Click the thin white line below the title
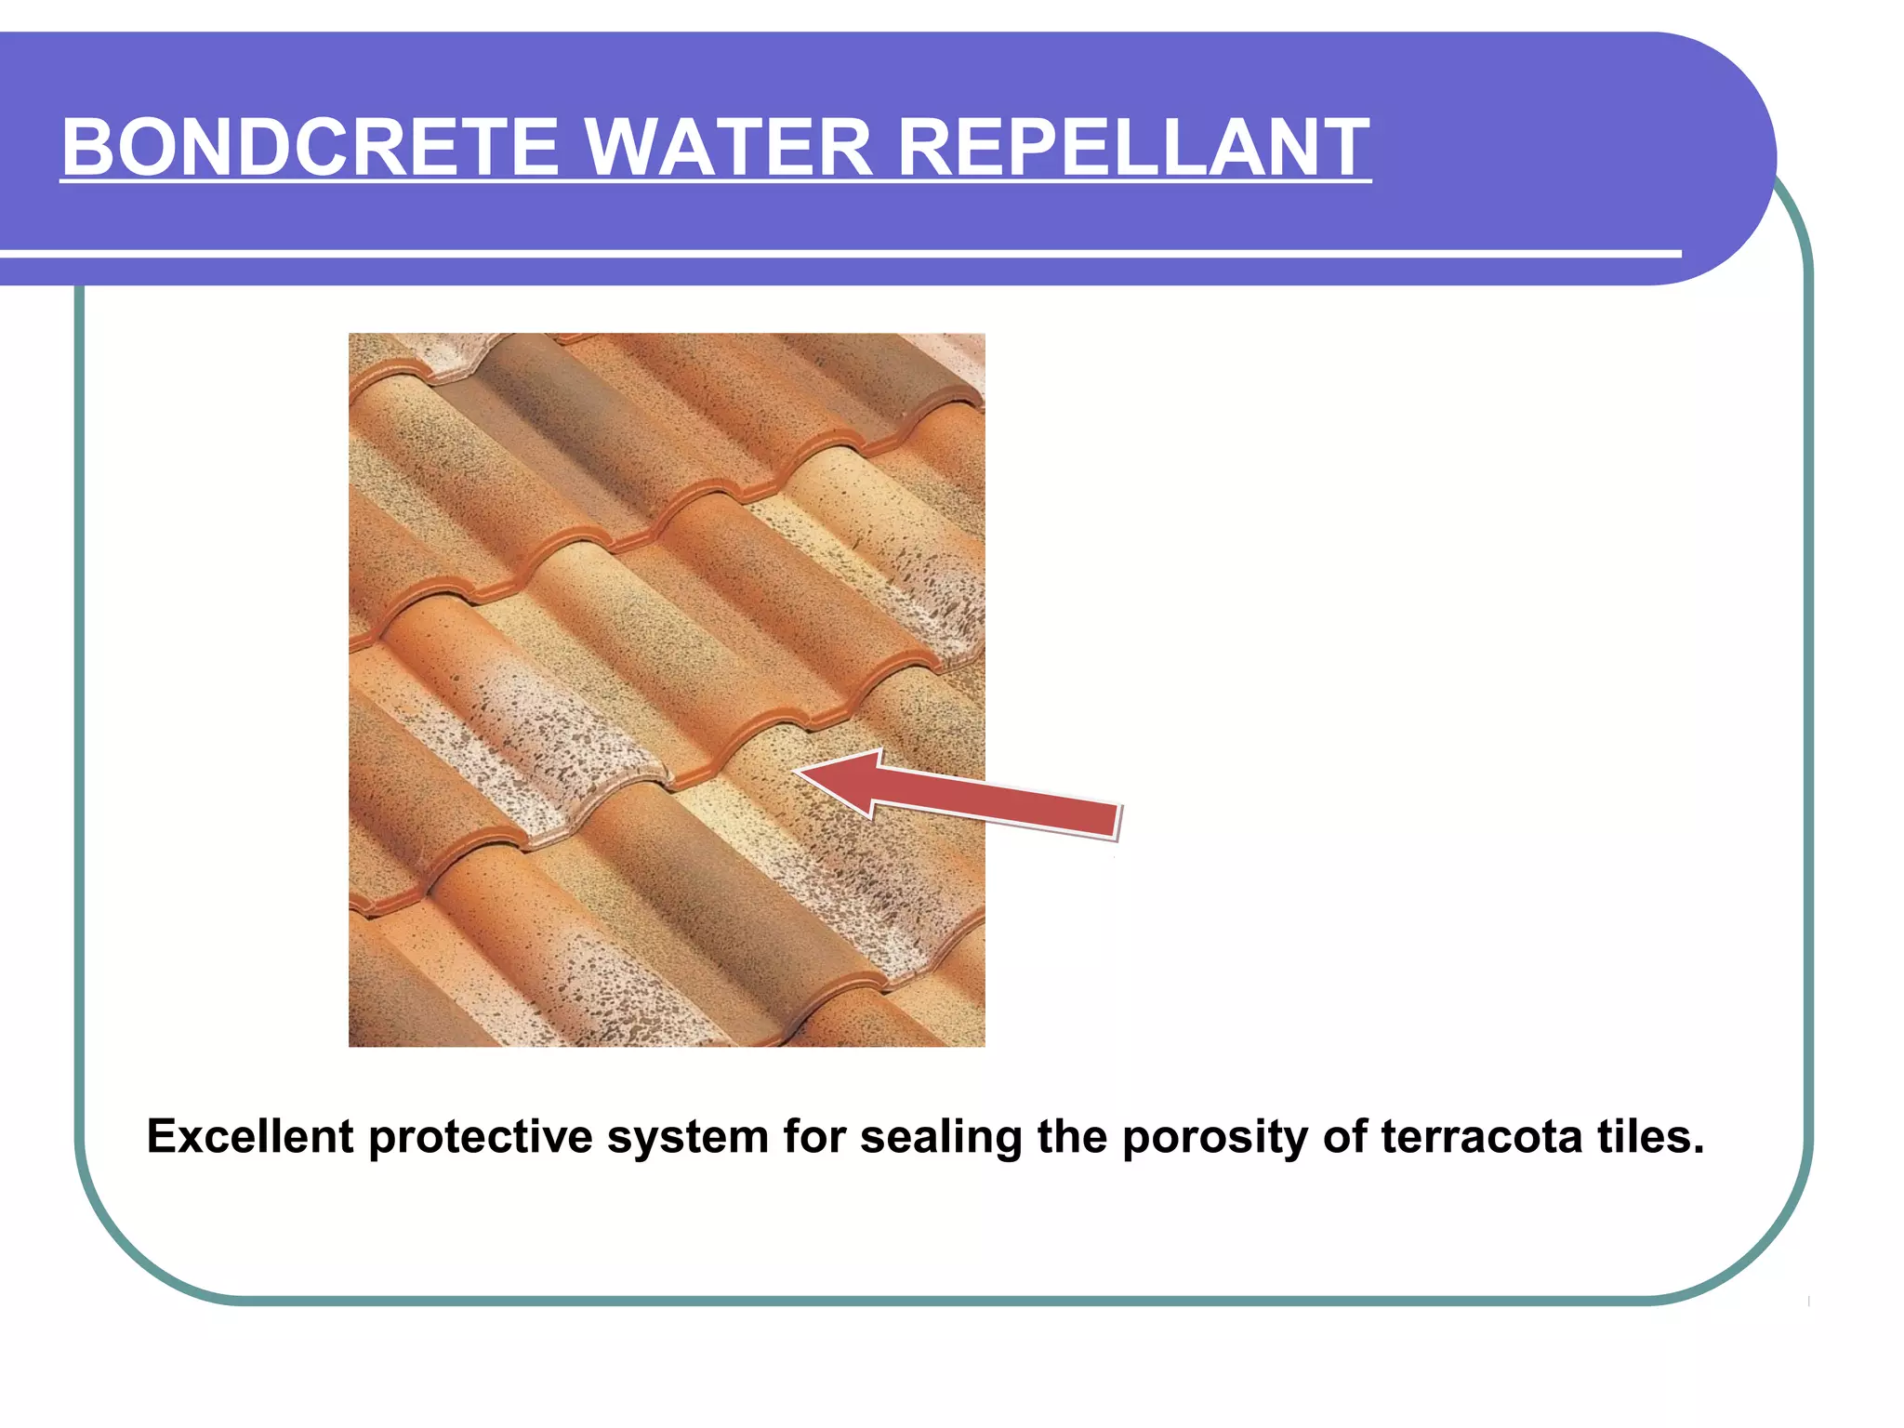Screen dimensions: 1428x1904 click(837, 253)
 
